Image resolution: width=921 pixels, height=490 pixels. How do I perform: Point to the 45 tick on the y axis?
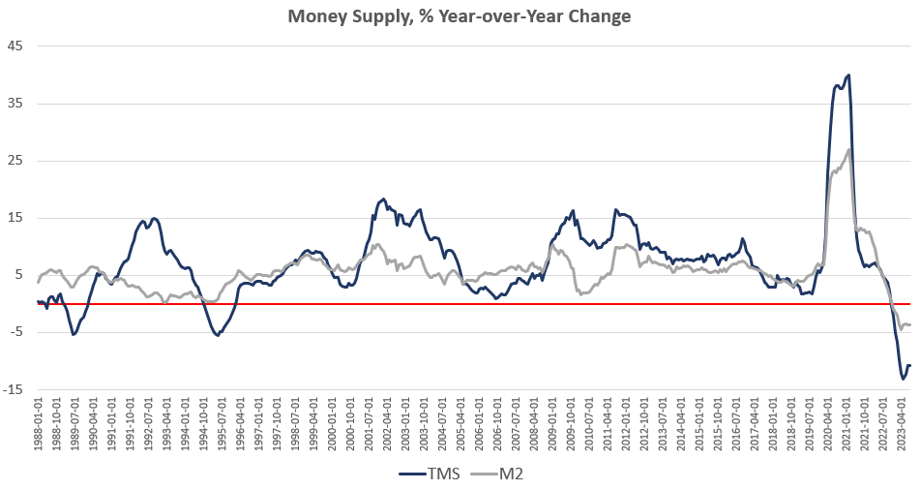16,46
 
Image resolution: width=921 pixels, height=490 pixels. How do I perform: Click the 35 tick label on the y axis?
16,103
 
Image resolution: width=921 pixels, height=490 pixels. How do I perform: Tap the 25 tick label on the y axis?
16,160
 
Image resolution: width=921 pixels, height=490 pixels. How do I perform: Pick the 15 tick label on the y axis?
16,218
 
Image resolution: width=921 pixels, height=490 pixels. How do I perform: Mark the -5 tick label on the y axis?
16,332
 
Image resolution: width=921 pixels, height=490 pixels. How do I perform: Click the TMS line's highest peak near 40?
848,75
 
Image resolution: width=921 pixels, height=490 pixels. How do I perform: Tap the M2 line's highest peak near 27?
848,149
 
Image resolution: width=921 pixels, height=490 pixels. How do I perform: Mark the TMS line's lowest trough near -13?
904,379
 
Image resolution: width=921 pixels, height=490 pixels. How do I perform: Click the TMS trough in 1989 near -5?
74,334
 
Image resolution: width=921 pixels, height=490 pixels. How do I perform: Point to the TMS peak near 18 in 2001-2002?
383,199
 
